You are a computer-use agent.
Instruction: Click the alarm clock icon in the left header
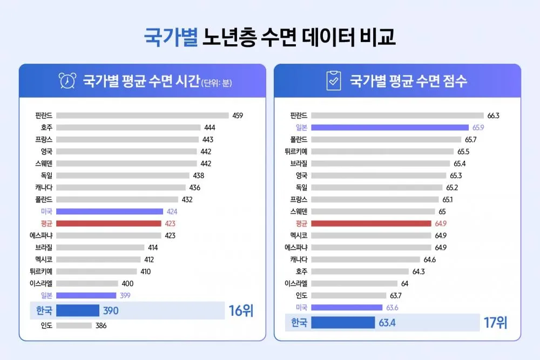pos(67,81)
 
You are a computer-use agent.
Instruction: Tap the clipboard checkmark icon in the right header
pos(334,81)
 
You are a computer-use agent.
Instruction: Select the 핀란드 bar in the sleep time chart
pos(142,116)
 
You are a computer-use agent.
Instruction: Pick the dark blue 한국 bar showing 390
pos(78,310)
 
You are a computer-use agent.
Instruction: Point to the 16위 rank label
pos(240,311)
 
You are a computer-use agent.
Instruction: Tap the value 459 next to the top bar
pos(238,116)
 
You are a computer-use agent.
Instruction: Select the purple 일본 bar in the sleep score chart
pos(389,127)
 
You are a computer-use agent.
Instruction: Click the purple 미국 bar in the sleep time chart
pos(109,212)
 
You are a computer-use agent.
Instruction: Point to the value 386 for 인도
pos(101,325)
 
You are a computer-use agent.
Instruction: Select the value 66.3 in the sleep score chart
pos(493,116)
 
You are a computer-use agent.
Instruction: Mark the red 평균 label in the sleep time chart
pos(46,223)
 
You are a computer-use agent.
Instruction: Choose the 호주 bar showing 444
pos(128,127)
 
